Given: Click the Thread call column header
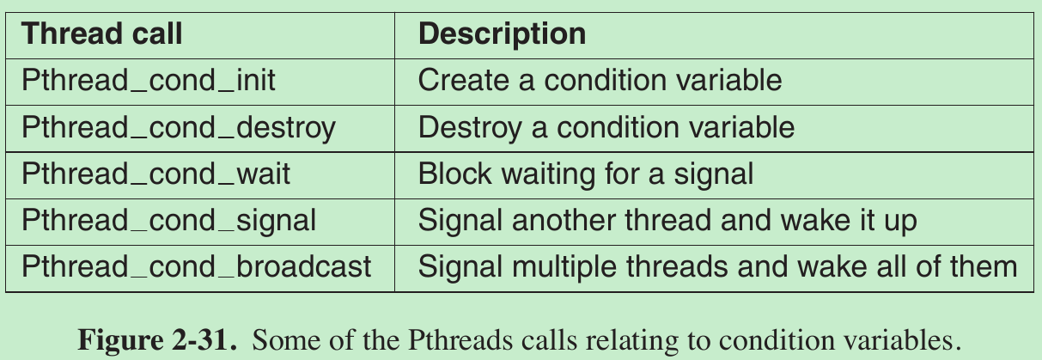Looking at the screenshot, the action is tap(101, 34).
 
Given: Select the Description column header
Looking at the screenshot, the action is tap(502, 34).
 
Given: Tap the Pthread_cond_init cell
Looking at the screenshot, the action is tap(149, 81).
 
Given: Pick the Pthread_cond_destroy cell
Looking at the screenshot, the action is tap(179, 128).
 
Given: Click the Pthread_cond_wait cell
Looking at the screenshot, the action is tap(156, 174).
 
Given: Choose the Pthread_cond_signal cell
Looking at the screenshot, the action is tap(169, 221).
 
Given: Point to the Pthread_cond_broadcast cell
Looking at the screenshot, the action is tap(197, 266).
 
